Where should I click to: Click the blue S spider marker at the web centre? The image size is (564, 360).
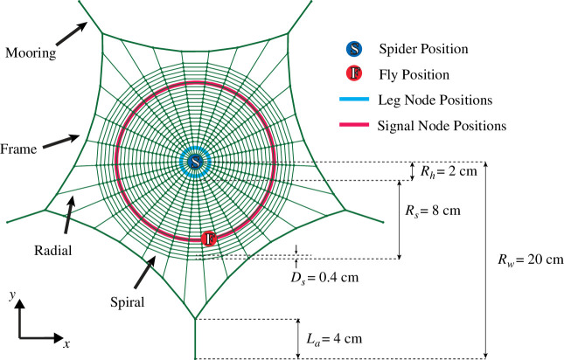pyautogui.click(x=195, y=162)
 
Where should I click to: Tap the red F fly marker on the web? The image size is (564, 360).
pyautogui.click(x=209, y=239)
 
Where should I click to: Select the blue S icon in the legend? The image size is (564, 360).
pyautogui.click(x=355, y=49)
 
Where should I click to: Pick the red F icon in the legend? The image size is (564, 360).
pyautogui.click(x=355, y=73)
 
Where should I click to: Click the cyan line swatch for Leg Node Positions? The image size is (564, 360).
pyautogui.click(x=354, y=99)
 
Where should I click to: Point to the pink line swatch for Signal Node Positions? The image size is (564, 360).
pyautogui.click(x=354, y=125)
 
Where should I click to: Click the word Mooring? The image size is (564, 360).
pyautogui.click(x=31, y=53)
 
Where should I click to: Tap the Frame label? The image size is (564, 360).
pyautogui.click(x=18, y=149)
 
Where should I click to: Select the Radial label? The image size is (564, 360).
pyautogui.click(x=52, y=250)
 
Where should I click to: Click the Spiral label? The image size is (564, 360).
pyautogui.click(x=128, y=302)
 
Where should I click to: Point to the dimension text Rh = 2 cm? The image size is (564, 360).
pyautogui.click(x=449, y=171)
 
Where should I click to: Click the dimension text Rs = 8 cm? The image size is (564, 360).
pyautogui.click(x=433, y=211)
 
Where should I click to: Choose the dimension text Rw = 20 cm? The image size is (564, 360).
pyautogui.click(x=531, y=259)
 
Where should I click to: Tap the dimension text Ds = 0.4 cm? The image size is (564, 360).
pyautogui.click(x=324, y=277)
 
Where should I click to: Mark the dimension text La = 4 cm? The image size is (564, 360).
pyautogui.click(x=334, y=339)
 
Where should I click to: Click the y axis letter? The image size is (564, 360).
pyautogui.click(x=13, y=295)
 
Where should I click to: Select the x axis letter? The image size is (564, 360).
pyautogui.click(x=66, y=343)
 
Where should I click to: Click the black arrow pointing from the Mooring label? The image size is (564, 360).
pyautogui.click(x=72, y=34)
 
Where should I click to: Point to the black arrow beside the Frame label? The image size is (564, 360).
pyautogui.click(x=61, y=142)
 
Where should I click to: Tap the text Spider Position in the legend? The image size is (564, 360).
pyautogui.click(x=424, y=49)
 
